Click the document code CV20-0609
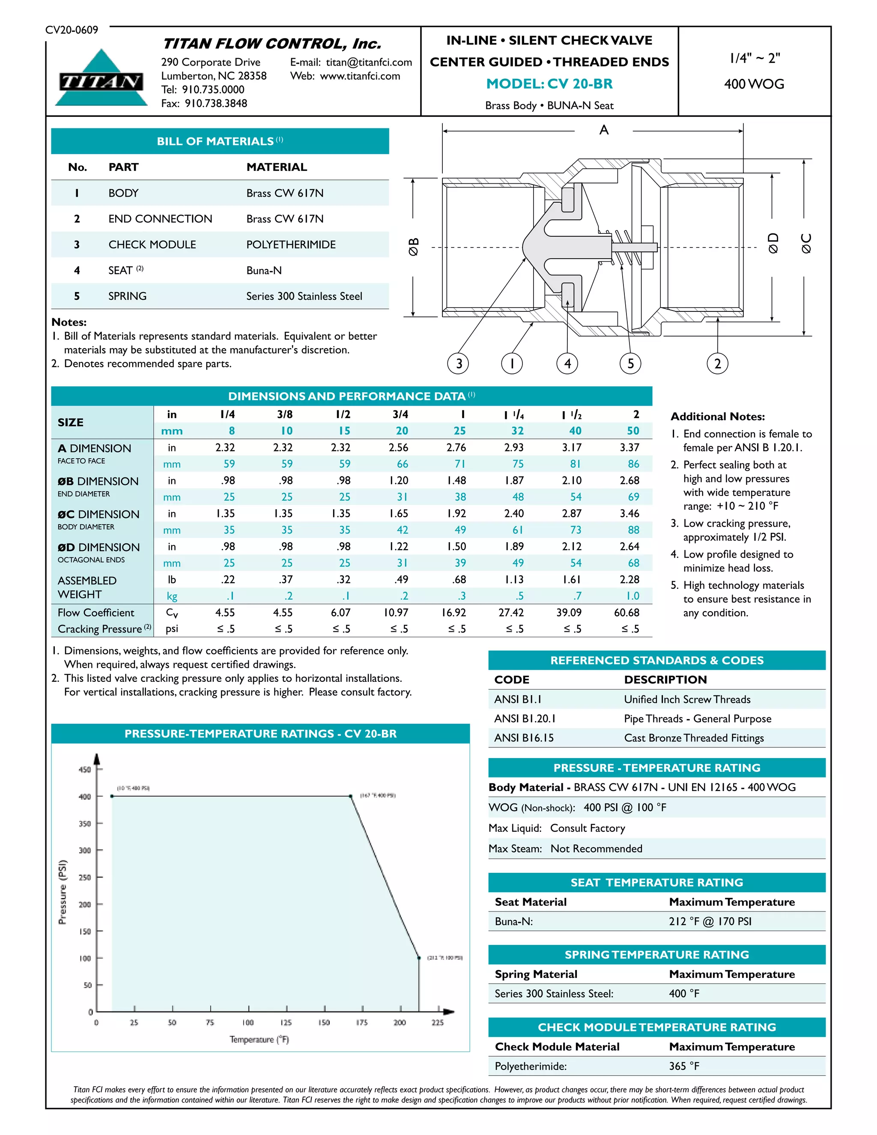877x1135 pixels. coord(72,30)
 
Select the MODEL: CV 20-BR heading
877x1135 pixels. coord(549,84)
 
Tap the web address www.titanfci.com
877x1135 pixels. coord(360,76)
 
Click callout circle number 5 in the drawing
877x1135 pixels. coord(630,363)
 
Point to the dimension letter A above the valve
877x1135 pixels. coord(604,130)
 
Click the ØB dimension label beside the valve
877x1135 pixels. coord(414,246)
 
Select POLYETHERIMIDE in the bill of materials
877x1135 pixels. coord(291,244)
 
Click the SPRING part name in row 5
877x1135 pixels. coord(127,296)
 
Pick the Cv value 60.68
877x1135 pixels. coord(626,612)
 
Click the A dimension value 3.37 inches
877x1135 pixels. coord(629,447)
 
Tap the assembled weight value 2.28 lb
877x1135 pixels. coord(629,579)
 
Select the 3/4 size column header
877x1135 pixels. coord(400,414)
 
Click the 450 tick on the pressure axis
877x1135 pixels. coord(85,770)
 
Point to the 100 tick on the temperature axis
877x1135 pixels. coord(248,1022)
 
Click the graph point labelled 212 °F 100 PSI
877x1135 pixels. coord(419,957)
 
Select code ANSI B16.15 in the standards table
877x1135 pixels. coord(524,738)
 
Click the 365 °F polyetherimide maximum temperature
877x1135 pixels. coord(684,1066)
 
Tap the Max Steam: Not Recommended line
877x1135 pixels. coord(565,848)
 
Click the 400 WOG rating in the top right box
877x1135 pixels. coord(754,84)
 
